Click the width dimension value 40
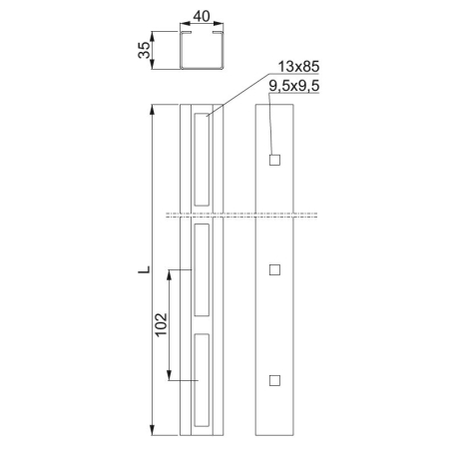[x=202, y=16]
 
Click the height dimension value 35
[x=144, y=50]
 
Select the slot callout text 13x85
[x=298, y=67]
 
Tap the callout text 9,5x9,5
[x=294, y=86]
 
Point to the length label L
[x=144, y=269]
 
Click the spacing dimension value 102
[x=162, y=324]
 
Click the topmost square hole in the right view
[x=274, y=160]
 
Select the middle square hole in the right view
[x=274, y=269]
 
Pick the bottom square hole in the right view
[x=274, y=380]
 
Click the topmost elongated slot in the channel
[x=202, y=160]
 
